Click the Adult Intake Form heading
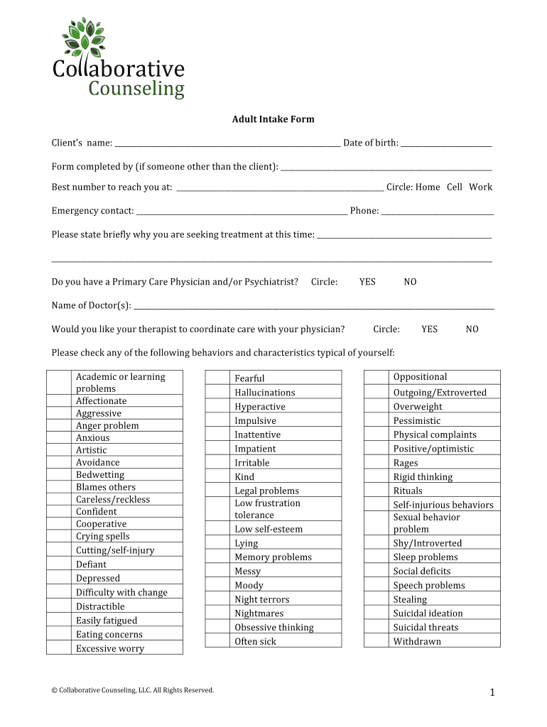coord(273,119)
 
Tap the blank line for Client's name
coord(227,144)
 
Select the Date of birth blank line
coord(445,144)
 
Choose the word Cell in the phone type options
coord(455,187)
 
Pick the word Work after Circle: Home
coord(480,187)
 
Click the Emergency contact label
coord(92,211)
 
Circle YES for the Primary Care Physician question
coord(367,282)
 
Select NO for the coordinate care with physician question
coord(472,329)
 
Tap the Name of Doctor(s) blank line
coord(313,307)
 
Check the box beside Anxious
coord(59,438)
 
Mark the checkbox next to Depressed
coord(59,579)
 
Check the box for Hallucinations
coord(217,393)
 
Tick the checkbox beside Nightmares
coord(217,613)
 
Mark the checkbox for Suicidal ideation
coord(377,613)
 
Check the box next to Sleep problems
coord(377,557)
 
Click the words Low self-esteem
coord(269,530)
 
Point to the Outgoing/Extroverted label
coord(440,393)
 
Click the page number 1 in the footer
coord(491,694)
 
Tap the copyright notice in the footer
coord(133,690)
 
